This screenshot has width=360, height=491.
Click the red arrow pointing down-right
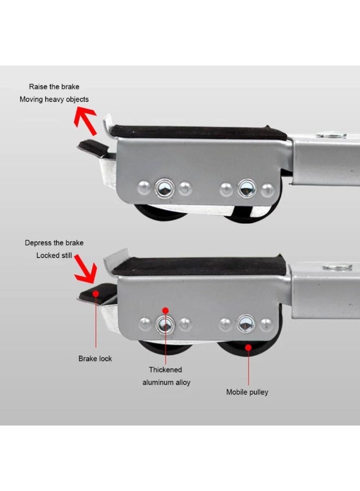pos(86,268)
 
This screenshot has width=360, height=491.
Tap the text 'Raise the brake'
pos(54,87)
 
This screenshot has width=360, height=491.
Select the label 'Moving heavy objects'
pos(54,99)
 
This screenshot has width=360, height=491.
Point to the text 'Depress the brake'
pos(54,243)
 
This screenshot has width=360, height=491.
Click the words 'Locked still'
pos(54,255)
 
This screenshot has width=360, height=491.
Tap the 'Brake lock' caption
pos(95,358)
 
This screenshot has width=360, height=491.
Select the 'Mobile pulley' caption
pos(247,392)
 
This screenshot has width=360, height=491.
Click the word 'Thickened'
pos(165,369)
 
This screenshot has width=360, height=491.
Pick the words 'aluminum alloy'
pos(166,382)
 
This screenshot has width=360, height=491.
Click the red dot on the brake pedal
pos(96,294)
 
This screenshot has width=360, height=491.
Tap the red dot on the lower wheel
pos(248,348)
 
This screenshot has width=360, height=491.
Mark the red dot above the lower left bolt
pos(166,310)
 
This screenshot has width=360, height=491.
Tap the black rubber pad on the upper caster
pos(199,133)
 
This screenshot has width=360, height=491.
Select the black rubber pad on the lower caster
pos(199,265)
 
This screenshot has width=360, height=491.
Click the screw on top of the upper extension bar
pos(331,135)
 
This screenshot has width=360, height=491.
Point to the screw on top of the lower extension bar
pos(338,267)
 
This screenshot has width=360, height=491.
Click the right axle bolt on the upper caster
pos(247,189)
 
